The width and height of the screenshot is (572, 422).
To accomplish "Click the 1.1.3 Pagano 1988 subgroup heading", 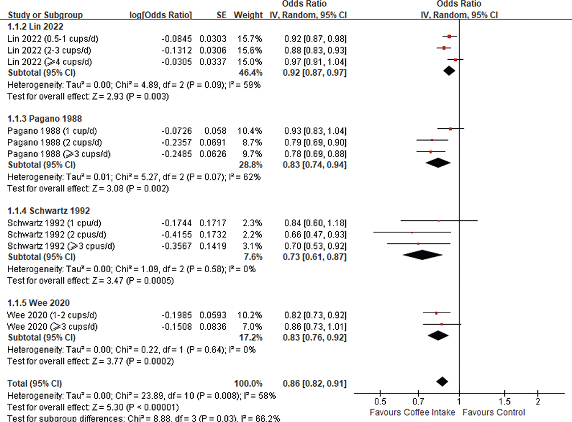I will coord(44,119).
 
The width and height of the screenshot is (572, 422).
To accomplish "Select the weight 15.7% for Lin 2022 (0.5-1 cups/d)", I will coord(251,39).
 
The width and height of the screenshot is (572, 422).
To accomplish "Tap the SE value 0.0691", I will coord(213,142).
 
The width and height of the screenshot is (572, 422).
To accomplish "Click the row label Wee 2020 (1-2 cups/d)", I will coord(52,315).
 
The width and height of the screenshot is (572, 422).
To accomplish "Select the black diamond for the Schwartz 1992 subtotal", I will coord(422,255).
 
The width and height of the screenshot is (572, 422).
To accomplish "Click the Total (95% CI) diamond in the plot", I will coord(441,381).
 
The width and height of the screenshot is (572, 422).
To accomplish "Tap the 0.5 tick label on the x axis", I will coord(379,402).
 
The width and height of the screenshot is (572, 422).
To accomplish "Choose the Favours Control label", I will coord(495,412).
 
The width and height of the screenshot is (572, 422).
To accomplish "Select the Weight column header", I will coord(248,15).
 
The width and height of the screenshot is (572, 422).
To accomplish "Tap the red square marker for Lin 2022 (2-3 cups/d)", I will coord(444,48).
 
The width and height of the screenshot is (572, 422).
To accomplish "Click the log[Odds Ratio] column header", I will coord(161,15).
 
